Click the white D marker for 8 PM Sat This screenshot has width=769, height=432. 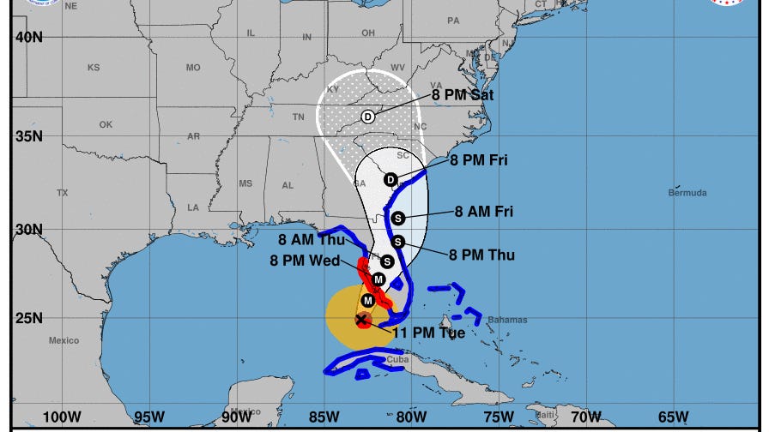(x=367, y=117)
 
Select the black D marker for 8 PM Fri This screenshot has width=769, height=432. (x=391, y=179)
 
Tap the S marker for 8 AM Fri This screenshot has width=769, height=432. (x=397, y=218)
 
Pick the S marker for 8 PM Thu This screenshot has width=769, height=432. (x=397, y=242)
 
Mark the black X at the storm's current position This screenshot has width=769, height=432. (x=361, y=320)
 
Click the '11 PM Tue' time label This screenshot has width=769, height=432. (x=428, y=333)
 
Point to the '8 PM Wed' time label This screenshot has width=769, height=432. (x=305, y=261)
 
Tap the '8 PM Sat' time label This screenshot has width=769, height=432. (x=463, y=95)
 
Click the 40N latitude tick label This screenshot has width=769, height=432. (x=28, y=37)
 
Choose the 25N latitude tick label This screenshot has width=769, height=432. (x=28, y=319)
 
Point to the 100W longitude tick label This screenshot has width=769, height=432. (x=62, y=417)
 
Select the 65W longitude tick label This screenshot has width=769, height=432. (x=673, y=417)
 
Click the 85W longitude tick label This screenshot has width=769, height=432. (x=324, y=417)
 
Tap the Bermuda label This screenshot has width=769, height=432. (x=687, y=193)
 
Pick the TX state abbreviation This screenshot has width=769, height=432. (x=62, y=194)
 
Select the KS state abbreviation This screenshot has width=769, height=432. (x=94, y=68)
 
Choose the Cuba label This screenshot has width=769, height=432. (x=397, y=360)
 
